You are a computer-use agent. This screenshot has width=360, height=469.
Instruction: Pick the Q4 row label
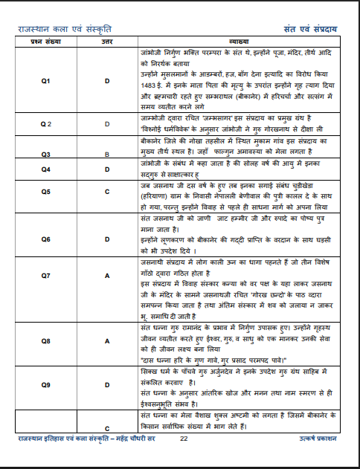[45, 170]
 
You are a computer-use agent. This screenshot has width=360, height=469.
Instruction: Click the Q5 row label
[45, 191]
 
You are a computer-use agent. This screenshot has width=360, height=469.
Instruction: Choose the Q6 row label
[45, 239]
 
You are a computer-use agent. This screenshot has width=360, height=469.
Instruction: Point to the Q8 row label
[45, 340]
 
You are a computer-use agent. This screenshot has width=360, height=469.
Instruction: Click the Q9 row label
[45, 385]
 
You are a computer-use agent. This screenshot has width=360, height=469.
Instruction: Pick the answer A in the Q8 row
[107, 340]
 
